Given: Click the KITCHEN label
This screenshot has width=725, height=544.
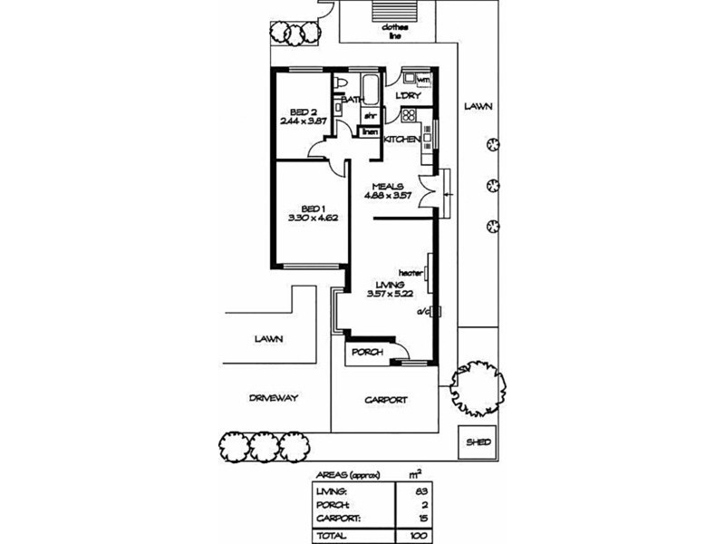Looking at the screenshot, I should coord(401,140).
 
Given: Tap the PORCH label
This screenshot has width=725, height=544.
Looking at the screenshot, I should coord(366,352).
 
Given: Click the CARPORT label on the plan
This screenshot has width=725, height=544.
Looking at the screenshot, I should coord(386,399).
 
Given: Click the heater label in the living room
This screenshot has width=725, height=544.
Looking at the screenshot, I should coord(411,272).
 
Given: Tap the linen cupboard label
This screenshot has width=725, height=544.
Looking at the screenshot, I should coord(370,132).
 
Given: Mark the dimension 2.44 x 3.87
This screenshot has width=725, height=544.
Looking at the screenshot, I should coord(303,121).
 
